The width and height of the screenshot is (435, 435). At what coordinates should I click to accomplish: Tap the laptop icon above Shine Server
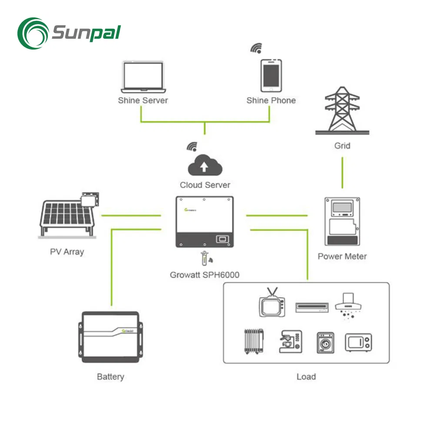tap(143, 77)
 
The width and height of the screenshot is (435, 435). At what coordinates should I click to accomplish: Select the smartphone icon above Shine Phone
tap(271, 75)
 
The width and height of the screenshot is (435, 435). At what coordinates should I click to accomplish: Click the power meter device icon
tap(342, 221)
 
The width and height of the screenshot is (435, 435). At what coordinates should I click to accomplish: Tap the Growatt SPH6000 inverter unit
tap(204, 222)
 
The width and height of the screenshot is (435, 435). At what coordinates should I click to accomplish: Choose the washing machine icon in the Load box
tap(325, 342)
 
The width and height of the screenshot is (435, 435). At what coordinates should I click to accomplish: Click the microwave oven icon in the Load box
tap(358, 342)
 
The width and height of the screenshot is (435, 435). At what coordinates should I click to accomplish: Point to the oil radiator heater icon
tap(252, 341)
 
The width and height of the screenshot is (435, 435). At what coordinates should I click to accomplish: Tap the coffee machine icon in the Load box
tap(290, 341)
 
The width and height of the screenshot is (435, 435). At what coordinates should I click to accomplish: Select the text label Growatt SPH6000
tap(204, 275)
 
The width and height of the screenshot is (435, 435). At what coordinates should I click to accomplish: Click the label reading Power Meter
tap(342, 256)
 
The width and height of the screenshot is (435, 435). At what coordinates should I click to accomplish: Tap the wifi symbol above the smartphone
tap(256, 48)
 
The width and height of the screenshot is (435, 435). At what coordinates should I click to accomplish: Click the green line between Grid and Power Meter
tap(342, 173)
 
